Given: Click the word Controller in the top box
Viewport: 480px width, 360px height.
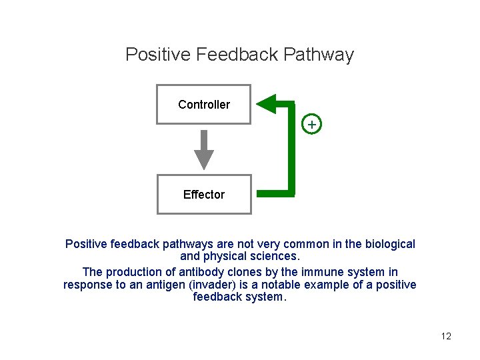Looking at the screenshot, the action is click(x=204, y=105).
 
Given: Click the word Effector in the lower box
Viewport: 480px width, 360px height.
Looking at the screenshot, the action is click(x=204, y=195).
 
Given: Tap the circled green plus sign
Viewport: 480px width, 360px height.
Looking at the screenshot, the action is click(x=311, y=125).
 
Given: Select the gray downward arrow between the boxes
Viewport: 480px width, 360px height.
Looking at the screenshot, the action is click(x=204, y=149).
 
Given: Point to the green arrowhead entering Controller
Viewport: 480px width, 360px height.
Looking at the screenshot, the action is click(x=267, y=103).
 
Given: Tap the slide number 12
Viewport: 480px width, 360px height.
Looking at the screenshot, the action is click(x=446, y=336).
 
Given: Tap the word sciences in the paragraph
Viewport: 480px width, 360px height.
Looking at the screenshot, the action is click(x=274, y=257).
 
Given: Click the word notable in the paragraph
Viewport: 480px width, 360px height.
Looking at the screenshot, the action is click(x=277, y=285).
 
